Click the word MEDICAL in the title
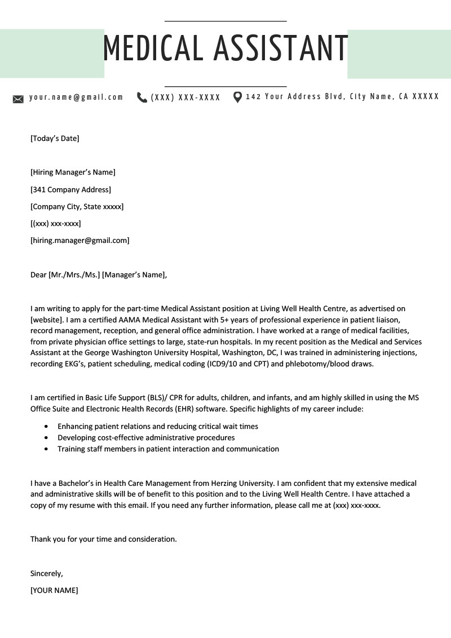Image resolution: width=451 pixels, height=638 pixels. (x=153, y=48)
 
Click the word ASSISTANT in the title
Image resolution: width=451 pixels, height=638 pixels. (x=281, y=48)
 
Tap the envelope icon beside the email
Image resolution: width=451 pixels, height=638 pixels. (x=18, y=99)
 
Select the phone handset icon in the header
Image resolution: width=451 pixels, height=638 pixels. (x=142, y=98)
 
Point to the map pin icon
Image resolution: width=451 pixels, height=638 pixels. (x=237, y=98)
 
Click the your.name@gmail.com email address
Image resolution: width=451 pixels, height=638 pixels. (x=76, y=97)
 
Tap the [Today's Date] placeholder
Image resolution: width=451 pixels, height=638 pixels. (x=55, y=138)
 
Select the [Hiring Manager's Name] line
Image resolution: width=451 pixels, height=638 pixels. (x=73, y=172)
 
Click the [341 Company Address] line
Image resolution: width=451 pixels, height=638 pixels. (x=70, y=189)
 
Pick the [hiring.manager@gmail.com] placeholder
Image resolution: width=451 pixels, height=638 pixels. (x=79, y=241)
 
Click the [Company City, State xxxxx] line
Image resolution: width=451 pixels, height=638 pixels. (x=77, y=207)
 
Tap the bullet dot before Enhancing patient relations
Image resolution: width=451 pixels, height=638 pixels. (x=46, y=427)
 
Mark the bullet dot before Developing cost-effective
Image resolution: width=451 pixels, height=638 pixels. (x=46, y=438)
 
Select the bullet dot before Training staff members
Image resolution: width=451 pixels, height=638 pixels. (x=46, y=449)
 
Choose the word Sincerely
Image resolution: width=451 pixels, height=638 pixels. (x=46, y=574)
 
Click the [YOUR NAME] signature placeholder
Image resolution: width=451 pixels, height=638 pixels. (x=54, y=591)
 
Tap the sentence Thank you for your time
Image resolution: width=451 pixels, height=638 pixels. (x=103, y=539)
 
